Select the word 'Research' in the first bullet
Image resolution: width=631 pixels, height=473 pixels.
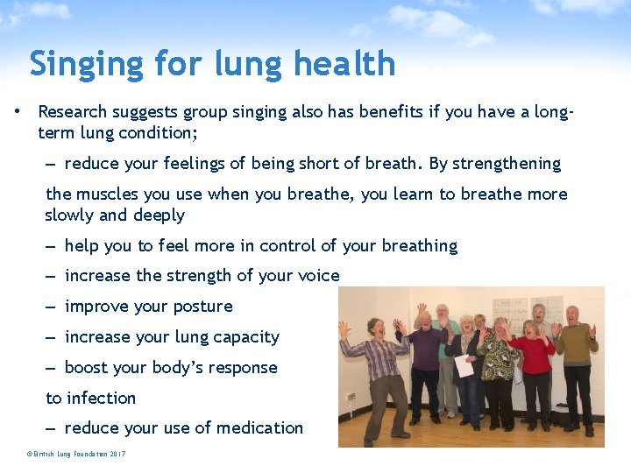73,112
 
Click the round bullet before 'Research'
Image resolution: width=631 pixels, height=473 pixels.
17,112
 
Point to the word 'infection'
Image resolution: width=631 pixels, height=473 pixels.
103,399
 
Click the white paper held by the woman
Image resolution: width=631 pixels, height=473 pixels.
464,366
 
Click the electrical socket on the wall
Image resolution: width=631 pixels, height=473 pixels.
351,396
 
